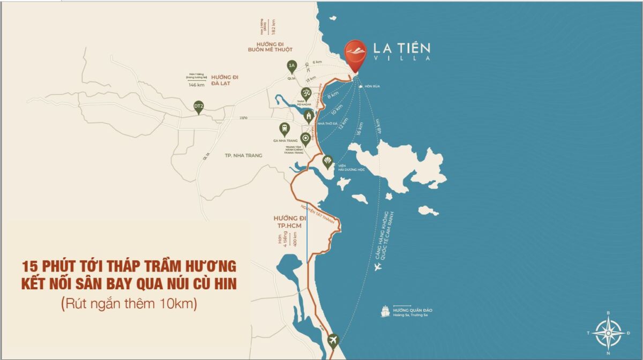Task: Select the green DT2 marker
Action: [x=199, y=107]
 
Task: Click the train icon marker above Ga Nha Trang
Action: [x=284, y=129]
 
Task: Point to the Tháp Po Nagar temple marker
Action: [x=306, y=93]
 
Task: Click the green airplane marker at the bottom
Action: [x=333, y=340]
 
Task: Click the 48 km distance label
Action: [x=380, y=126]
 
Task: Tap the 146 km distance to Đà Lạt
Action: [x=197, y=85]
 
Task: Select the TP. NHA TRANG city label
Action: [x=244, y=155]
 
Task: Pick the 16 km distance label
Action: [x=360, y=129]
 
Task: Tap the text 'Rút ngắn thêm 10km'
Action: [x=129, y=304]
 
